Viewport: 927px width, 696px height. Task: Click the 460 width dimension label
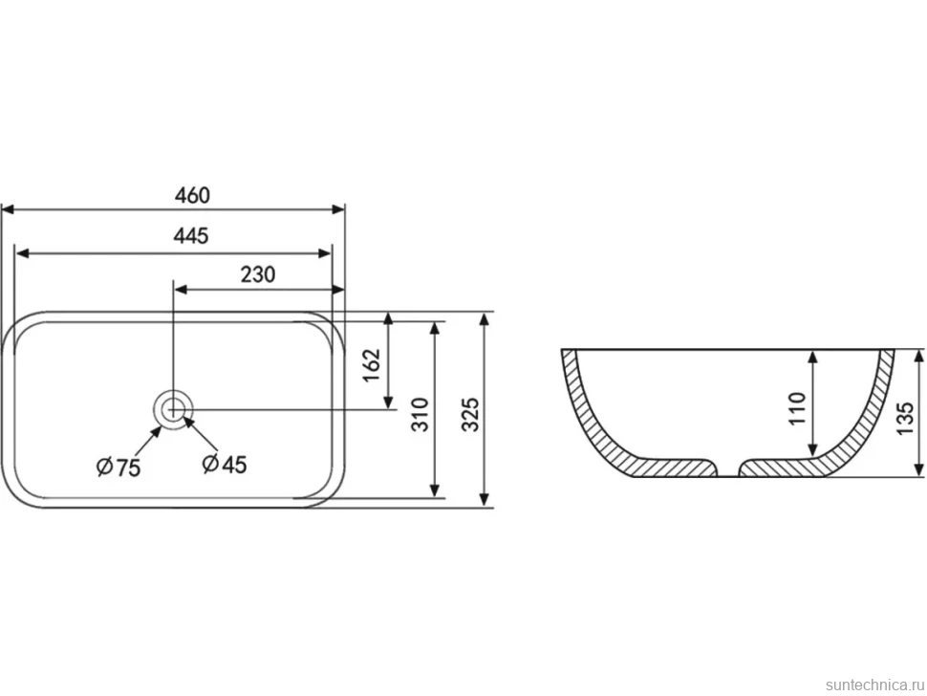[x=192, y=195]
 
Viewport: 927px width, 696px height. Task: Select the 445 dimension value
[x=191, y=236]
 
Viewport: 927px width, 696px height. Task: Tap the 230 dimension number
[x=258, y=274]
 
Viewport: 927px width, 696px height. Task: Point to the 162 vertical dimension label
[x=372, y=365]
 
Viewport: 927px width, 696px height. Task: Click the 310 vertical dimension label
[x=420, y=415]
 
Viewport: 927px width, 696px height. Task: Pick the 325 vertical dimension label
[x=470, y=415]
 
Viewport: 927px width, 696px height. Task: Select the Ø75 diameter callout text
[x=119, y=468]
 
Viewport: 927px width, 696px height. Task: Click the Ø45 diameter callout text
[x=224, y=464]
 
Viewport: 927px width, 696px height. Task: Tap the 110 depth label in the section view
[x=798, y=407]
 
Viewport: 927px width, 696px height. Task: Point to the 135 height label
[x=905, y=419]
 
